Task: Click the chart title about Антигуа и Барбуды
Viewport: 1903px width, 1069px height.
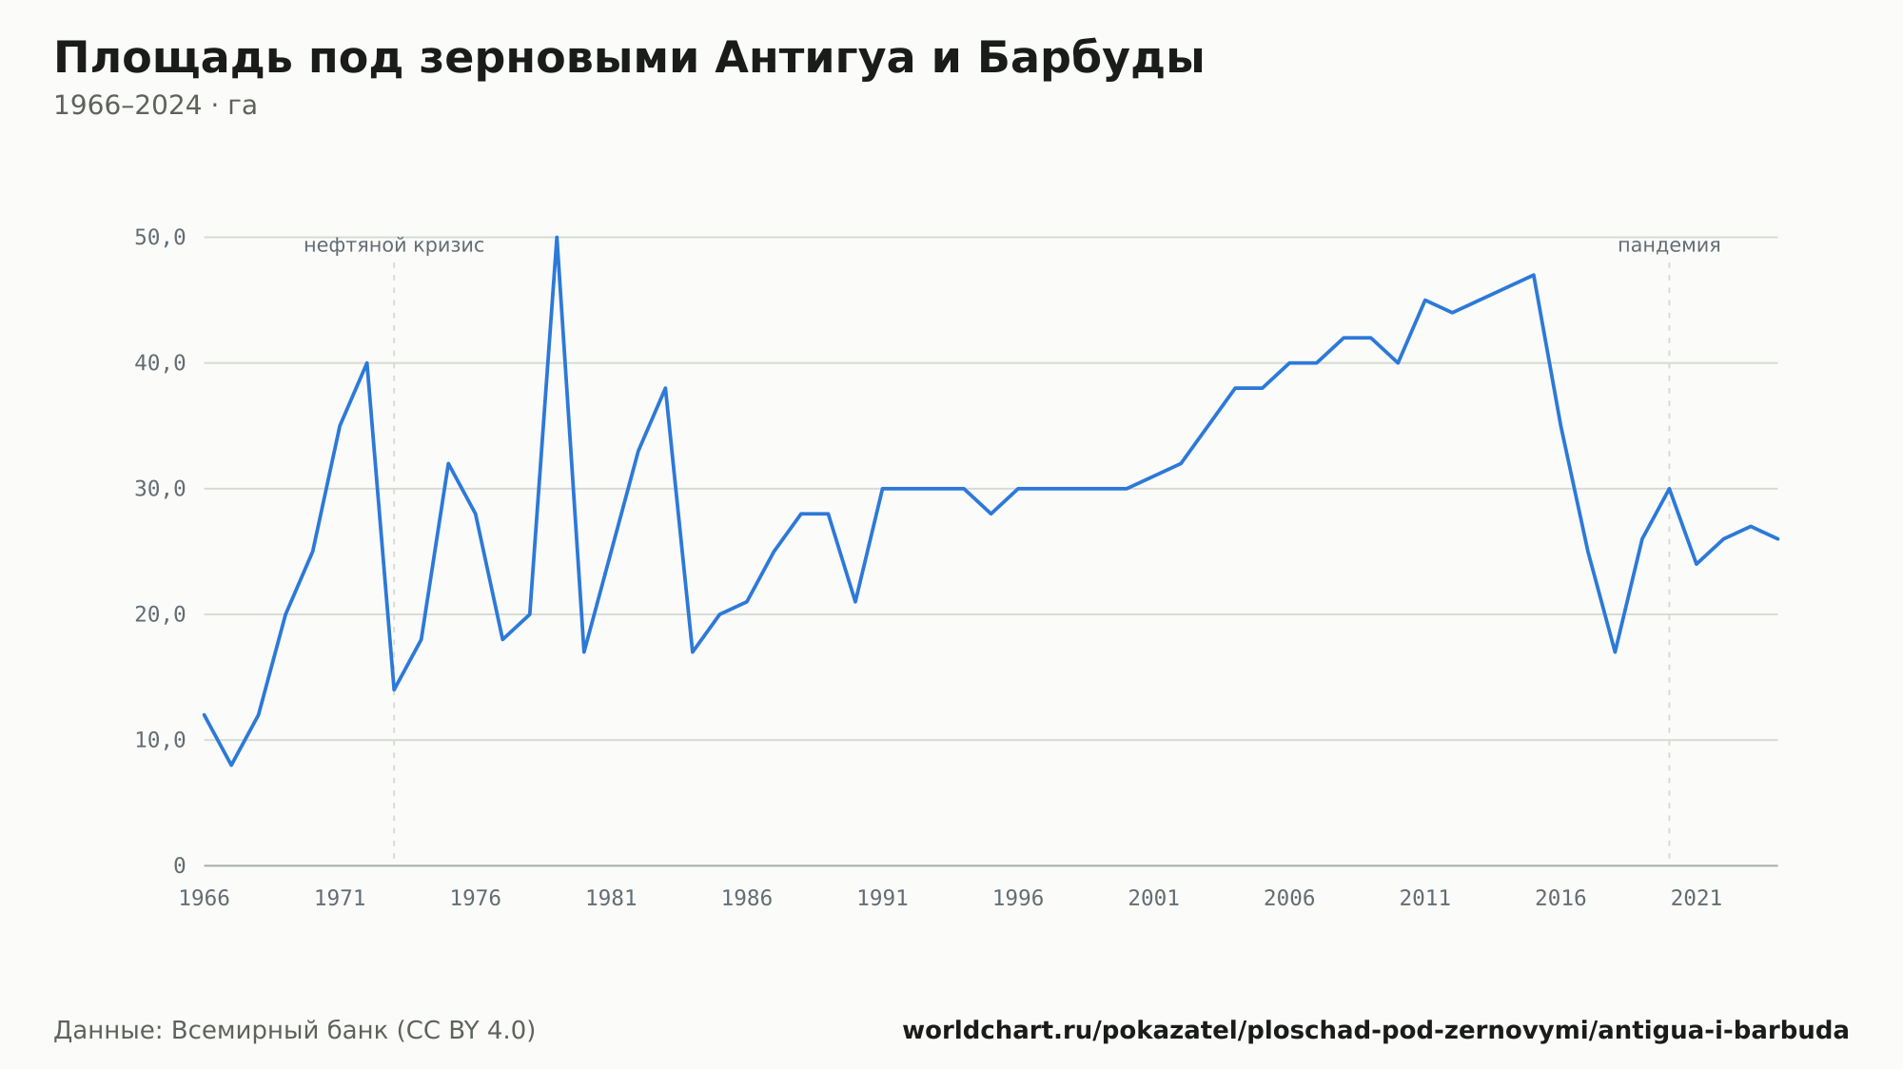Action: coord(629,59)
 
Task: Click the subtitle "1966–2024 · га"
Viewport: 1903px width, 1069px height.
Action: coord(155,106)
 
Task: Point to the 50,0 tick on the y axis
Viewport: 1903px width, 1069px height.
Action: coord(160,238)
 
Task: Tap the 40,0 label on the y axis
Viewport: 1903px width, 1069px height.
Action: coord(160,363)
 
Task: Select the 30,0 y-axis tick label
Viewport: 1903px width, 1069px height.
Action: coord(160,489)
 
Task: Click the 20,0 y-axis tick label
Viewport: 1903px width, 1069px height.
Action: coord(160,614)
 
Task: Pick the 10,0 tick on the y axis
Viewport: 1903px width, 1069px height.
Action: coord(160,740)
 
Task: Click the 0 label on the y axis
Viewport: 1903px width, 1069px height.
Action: coord(180,865)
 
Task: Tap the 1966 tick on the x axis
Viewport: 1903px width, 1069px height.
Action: coord(205,899)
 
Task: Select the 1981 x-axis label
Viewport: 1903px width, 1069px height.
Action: coord(611,899)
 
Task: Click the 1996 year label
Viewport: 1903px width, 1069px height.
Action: coord(1018,899)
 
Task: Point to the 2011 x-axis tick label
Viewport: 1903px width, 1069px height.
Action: coord(1424,899)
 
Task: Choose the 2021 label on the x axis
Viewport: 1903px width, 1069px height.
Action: coord(1697,899)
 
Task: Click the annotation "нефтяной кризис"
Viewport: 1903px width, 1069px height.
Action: coord(394,246)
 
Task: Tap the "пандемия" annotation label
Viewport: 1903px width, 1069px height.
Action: coord(1669,246)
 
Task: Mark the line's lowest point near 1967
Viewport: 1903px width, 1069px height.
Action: coord(231,765)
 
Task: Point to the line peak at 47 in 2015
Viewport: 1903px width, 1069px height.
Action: coord(1533,275)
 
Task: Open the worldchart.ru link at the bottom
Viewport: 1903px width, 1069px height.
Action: coord(1375,1031)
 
